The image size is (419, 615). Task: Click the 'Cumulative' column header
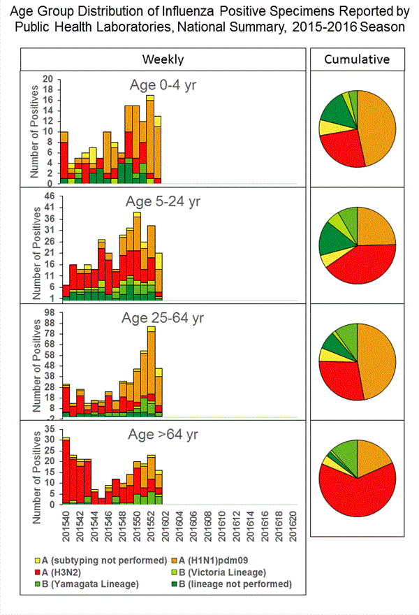tap(357, 59)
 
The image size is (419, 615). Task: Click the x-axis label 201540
tap(66, 524)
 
